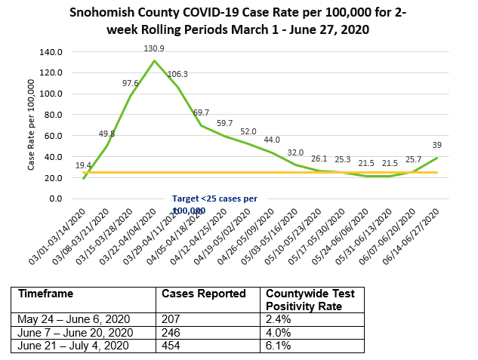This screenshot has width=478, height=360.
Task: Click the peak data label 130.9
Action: click(155, 48)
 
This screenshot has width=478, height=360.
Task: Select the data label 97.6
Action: click(130, 83)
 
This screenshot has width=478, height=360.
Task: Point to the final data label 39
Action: click(436, 145)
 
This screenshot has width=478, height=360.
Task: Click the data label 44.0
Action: click(271, 140)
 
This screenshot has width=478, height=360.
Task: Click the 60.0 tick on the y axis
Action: click(53, 136)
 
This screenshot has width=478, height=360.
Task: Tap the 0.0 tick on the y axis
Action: click(55, 198)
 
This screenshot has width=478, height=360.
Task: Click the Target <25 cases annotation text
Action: click(214, 198)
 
